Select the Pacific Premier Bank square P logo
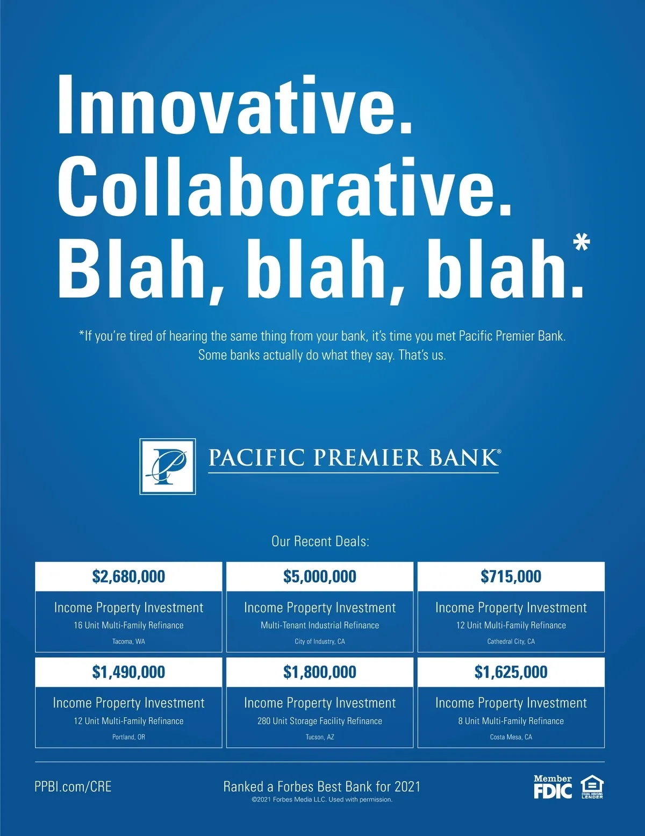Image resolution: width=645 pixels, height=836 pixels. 167,466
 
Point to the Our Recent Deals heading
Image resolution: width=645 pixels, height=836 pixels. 320,541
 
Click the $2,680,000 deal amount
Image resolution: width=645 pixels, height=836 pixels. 128,576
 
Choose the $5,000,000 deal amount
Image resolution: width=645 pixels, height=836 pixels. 320,576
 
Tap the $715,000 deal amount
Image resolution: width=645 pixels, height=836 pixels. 511,576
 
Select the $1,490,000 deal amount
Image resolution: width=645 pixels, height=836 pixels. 128,671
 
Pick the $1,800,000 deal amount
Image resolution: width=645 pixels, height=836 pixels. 320,671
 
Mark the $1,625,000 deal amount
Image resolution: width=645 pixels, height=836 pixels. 511,671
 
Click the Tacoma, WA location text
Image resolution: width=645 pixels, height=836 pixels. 128,641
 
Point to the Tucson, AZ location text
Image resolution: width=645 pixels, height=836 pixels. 320,737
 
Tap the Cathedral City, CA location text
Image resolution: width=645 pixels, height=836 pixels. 511,641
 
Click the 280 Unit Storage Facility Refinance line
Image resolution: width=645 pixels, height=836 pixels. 320,721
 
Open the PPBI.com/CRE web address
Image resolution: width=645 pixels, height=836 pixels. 73,787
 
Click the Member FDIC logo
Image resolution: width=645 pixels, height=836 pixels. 553,787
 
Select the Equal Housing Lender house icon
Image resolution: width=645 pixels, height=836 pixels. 592,787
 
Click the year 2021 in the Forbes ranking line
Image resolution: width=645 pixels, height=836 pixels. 407,787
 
